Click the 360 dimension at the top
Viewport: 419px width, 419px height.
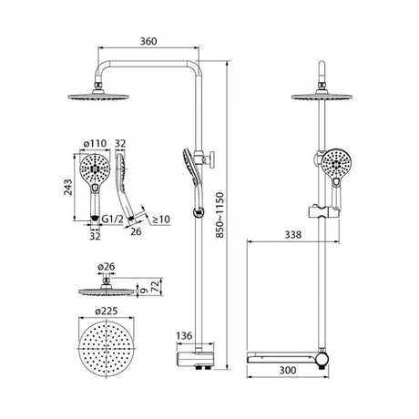click(148, 41)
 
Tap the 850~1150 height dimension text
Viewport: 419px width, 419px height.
click(220, 215)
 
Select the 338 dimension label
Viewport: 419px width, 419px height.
click(293, 234)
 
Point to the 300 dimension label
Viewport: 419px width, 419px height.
click(288, 370)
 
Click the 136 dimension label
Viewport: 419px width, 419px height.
click(184, 335)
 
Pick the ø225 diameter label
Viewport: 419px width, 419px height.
click(106, 312)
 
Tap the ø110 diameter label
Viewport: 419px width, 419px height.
click(96, 143)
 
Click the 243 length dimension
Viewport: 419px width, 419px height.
click(68, 188)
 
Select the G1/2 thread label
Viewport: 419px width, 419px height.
click(113, 219)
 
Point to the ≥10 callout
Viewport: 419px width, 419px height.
click(161, 220)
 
